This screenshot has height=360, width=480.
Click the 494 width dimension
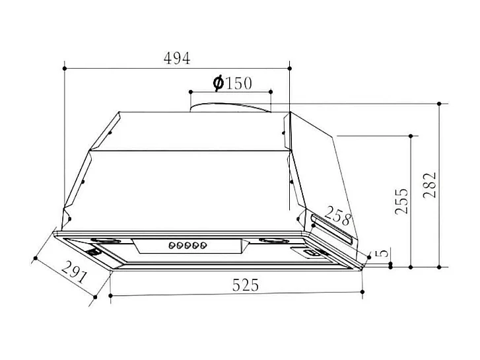pyautogui.click(x=176, y=58)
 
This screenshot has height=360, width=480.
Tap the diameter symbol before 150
pyautogui.click(x=218, y=83)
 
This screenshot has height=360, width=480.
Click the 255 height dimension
pyautogui.click(x=401, y=201)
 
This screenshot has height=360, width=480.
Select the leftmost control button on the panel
pyautogui.click(x=171, y=246)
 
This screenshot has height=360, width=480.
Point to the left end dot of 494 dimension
pyautogui.click(x=64, y=67)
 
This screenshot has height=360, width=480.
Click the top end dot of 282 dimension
pyautogui.click(x=440, y=104)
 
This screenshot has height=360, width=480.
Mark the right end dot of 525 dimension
pyautogui.click(x=364, y=291)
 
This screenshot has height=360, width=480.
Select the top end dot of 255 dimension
pyautogui.click(x=411, y=136)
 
